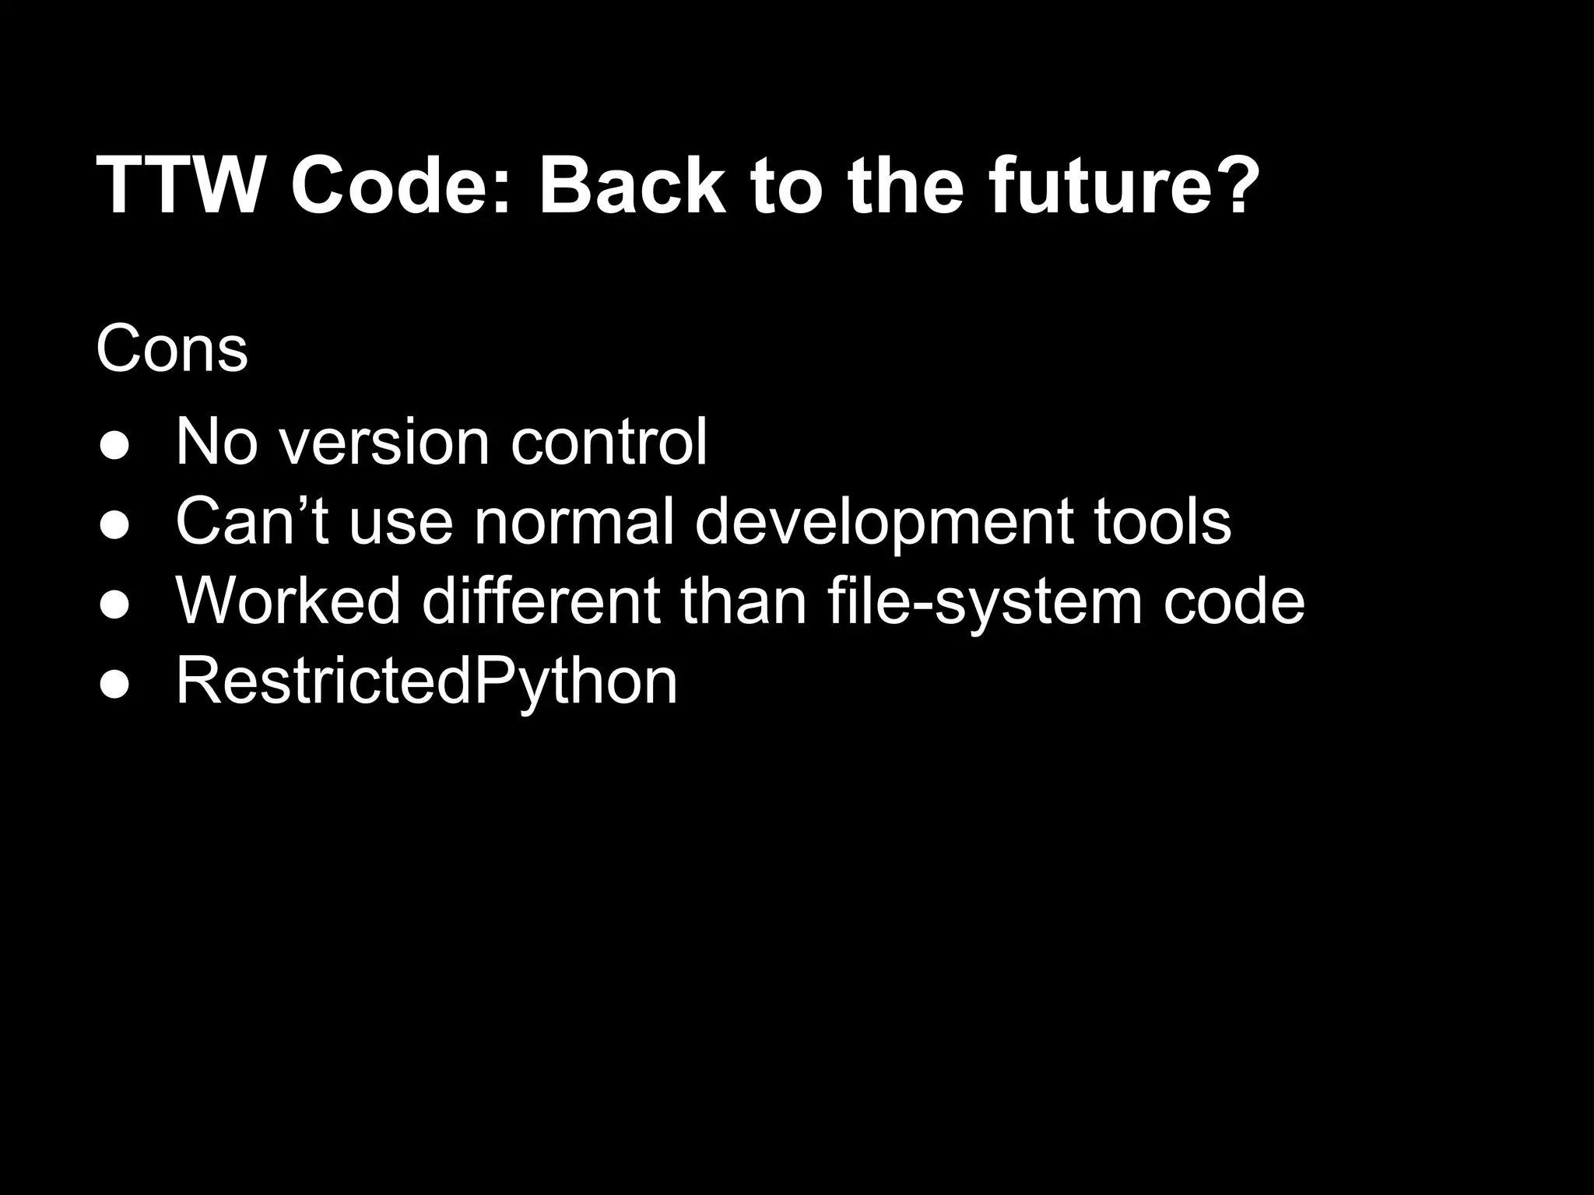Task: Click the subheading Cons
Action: [172, 349]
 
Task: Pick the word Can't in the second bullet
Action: [251, 520]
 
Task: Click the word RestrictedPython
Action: [427, 681]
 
